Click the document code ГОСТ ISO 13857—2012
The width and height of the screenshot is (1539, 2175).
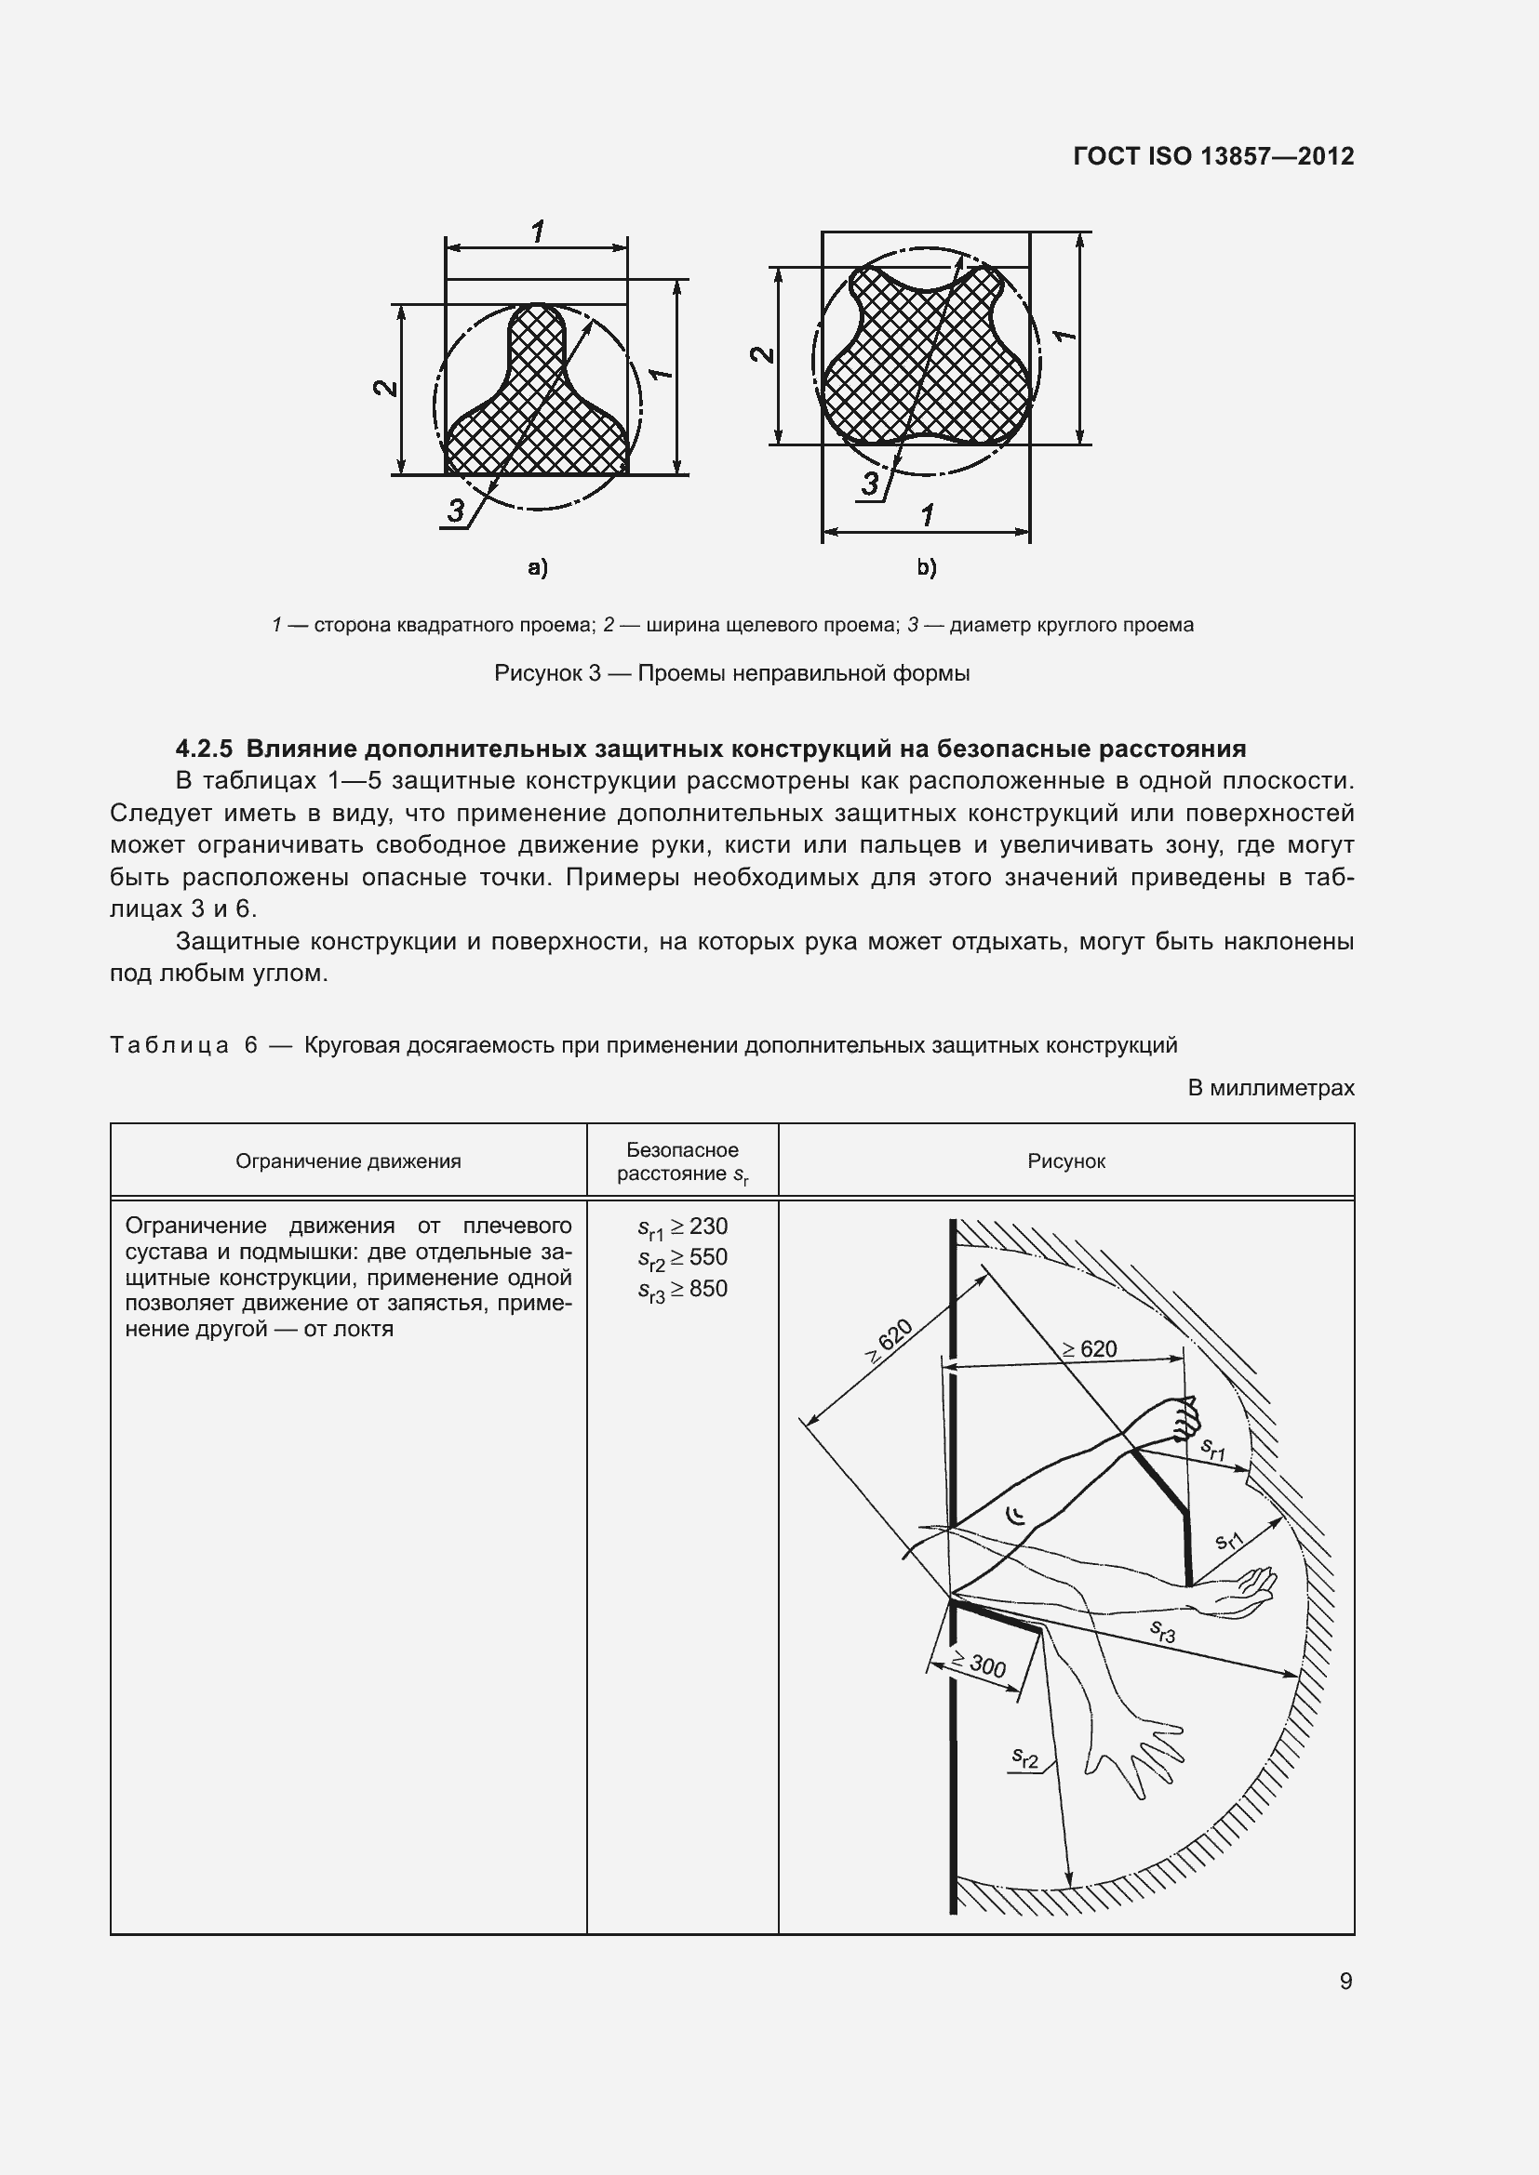1213,156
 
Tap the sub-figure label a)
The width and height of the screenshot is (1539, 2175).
537,567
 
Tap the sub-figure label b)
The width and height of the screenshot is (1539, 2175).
926,567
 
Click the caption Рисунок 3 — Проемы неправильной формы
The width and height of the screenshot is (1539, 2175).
731,673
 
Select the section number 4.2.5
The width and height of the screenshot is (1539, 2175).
204,749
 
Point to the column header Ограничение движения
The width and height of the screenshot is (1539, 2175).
348,1161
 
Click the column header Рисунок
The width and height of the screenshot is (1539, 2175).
1066,1161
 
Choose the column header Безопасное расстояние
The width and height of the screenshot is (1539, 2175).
682,1161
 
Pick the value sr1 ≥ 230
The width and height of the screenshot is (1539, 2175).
682,1227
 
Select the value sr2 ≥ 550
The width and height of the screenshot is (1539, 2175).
682,1259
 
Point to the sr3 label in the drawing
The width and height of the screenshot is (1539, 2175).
1163,1630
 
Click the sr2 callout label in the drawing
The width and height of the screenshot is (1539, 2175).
1025,1758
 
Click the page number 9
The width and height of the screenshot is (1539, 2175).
1345,1981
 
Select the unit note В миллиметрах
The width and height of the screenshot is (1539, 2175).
1271,1089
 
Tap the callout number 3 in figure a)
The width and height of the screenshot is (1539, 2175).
456,511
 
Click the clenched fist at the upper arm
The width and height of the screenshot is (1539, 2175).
1183,1417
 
